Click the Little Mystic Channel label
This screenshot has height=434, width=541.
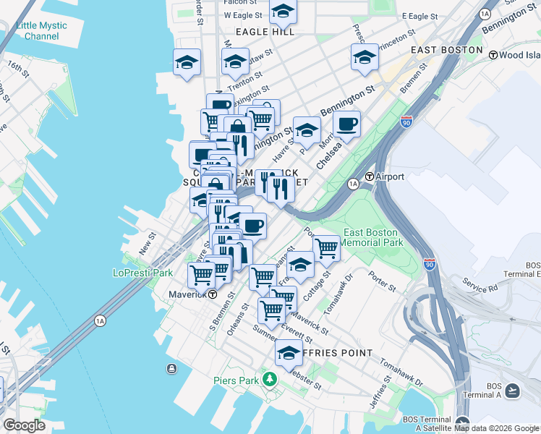click(41, 30)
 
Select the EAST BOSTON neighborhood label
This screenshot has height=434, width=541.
click(446, 50)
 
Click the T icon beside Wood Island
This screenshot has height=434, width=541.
click(493, 55)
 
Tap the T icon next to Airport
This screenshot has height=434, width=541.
click(369, 176)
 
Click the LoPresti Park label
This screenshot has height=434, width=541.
click(143, 273)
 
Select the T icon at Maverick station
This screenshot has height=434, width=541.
click(213, 294)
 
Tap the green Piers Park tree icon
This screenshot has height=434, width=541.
click(269, 379)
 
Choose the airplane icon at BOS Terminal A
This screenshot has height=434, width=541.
click(513, 391)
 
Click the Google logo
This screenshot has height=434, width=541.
click(24, 425)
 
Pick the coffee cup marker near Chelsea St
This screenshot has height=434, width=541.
click(347, 124)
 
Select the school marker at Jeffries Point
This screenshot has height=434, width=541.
click(289, 353)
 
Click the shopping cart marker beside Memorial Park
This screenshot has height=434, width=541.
click(327, 248)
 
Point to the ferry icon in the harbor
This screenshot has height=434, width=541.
click(171, 369)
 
